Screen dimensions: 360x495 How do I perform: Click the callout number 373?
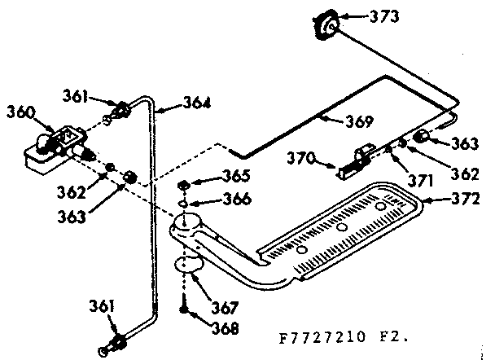tap(374, 16)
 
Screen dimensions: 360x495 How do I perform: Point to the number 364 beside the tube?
tap(195, 103)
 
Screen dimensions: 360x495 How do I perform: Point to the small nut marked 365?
tap(186, 183)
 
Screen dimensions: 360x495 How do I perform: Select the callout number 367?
tap(225, 308)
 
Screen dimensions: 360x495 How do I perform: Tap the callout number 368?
tap(225, 329)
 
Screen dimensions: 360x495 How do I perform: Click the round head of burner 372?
tap(186, 223)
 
